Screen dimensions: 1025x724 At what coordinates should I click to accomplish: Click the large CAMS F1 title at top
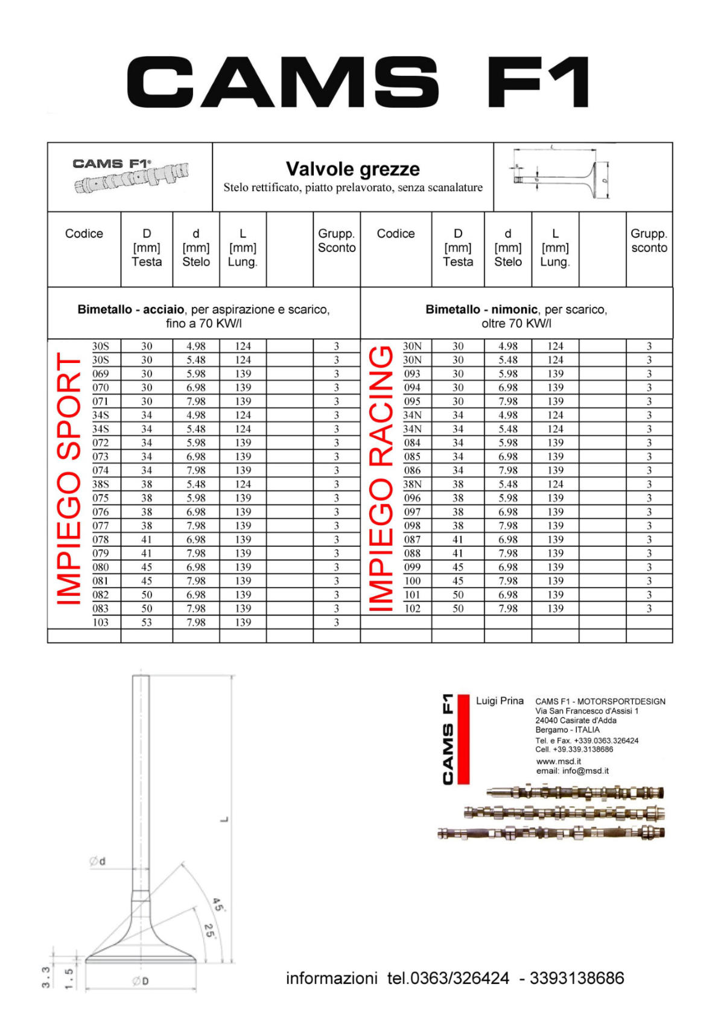(358, 83)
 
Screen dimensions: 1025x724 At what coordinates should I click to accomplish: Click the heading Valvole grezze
(352, 169)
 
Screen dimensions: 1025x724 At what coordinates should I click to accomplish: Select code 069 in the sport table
(101, 374)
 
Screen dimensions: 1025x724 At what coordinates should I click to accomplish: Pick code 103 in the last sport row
(101, 622)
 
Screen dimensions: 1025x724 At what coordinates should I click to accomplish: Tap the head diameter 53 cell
(147, 622)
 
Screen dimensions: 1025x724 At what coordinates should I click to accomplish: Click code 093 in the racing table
(412, 374)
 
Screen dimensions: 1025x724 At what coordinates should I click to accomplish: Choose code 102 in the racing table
(412, 608)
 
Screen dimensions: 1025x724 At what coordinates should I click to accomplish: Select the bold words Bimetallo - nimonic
(481, 309)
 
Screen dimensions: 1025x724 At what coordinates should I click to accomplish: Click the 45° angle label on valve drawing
(218, 905)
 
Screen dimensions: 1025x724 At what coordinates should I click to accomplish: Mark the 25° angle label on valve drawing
(209, 931)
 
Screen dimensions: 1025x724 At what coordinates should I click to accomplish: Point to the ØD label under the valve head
(141, 982)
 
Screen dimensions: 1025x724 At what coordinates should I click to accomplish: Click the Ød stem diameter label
(98, 862)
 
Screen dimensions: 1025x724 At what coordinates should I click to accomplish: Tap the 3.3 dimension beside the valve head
(46, 977)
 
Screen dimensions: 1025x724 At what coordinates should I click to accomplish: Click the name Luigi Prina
(500, 701)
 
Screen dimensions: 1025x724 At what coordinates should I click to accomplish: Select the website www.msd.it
(558, 761)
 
